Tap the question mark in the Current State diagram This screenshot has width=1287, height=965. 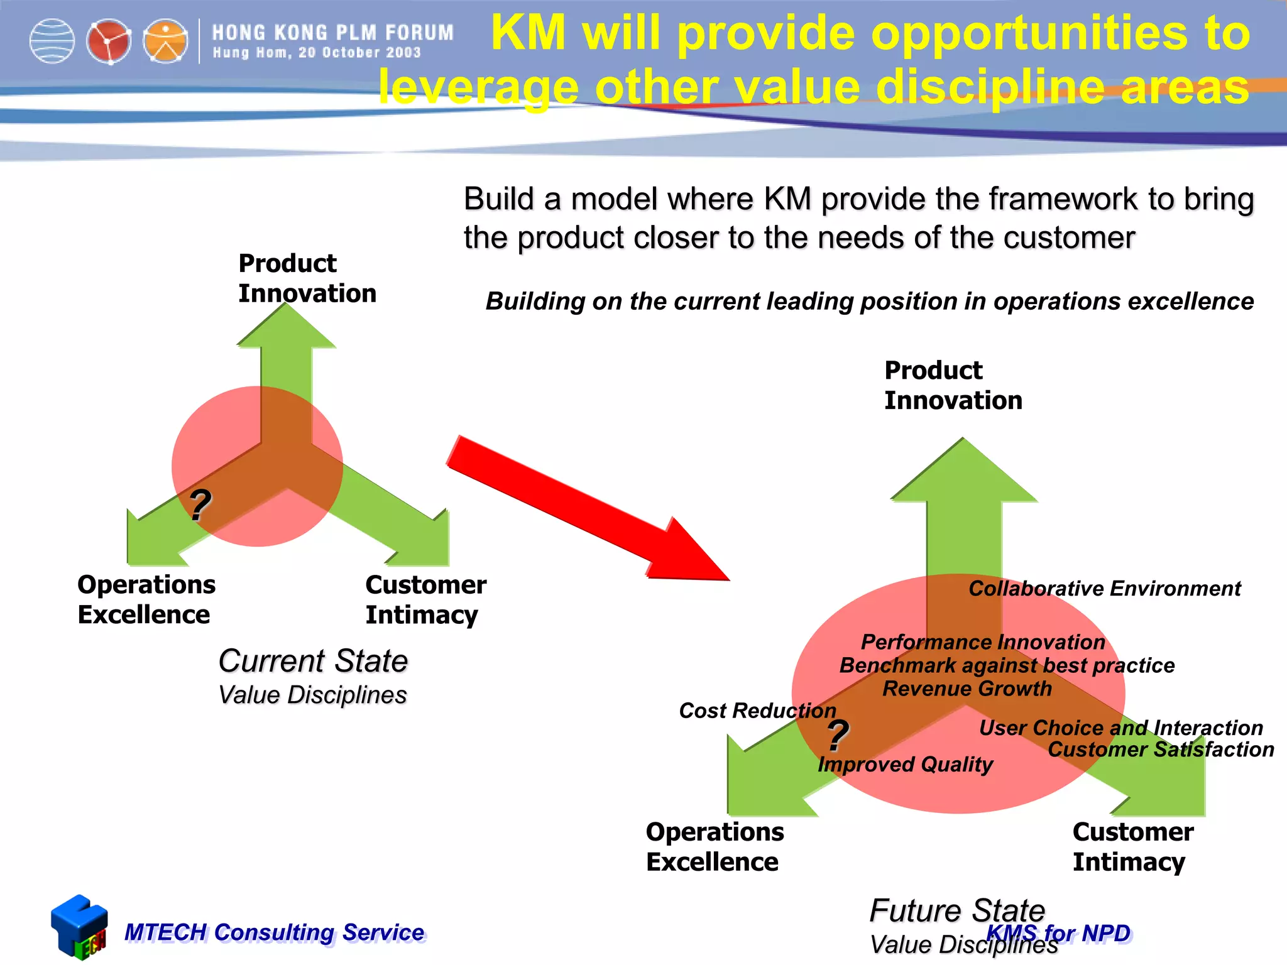[x=200, y=504]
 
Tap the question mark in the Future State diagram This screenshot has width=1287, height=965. [x=838, y=735]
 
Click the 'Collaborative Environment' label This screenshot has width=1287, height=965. [x=1104, y=589]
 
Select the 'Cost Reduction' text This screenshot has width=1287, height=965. [x=757, y=711]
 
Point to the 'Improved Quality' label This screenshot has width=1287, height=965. [x=905, y=765]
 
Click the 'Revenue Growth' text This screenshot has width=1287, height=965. [x=967, y=689]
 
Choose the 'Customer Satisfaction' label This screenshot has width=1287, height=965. [x=1160, y=750]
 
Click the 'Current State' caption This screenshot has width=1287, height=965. [x=313, y=661]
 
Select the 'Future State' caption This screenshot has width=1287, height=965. [x=956, y=910]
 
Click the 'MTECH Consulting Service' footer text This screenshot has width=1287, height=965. [x=274, y=932]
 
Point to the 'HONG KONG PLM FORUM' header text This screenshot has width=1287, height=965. [x=332, y=33]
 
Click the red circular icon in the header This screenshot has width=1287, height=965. [x=109, y=41]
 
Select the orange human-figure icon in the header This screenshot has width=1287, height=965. [x=165, y=41]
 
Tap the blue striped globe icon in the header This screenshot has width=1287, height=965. [x=52, y=41]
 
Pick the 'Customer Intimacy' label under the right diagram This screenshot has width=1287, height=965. [x=1132, y=846]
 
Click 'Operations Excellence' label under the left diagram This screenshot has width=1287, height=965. [x=146, y=599]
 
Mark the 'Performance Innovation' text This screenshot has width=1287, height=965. [x=982, y=642]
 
